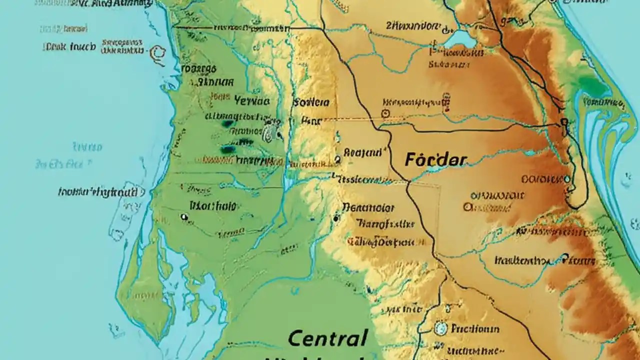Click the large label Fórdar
click(435, 160)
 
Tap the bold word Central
click(328, 338)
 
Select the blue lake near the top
click(459, 39)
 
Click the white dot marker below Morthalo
click(184, 217)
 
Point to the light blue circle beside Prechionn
click(440, 328)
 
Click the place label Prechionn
click(475, 328)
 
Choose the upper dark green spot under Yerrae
click(227, 123)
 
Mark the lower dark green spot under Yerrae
click(228, 149)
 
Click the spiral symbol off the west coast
click(158, 52)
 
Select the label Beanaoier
click(368, 207)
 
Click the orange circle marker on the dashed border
click(384, 114)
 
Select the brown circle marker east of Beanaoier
click(467, 205)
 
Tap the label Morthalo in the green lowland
click(213, 205)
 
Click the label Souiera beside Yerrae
click(311, 102)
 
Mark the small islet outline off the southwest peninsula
click(116, 330)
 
